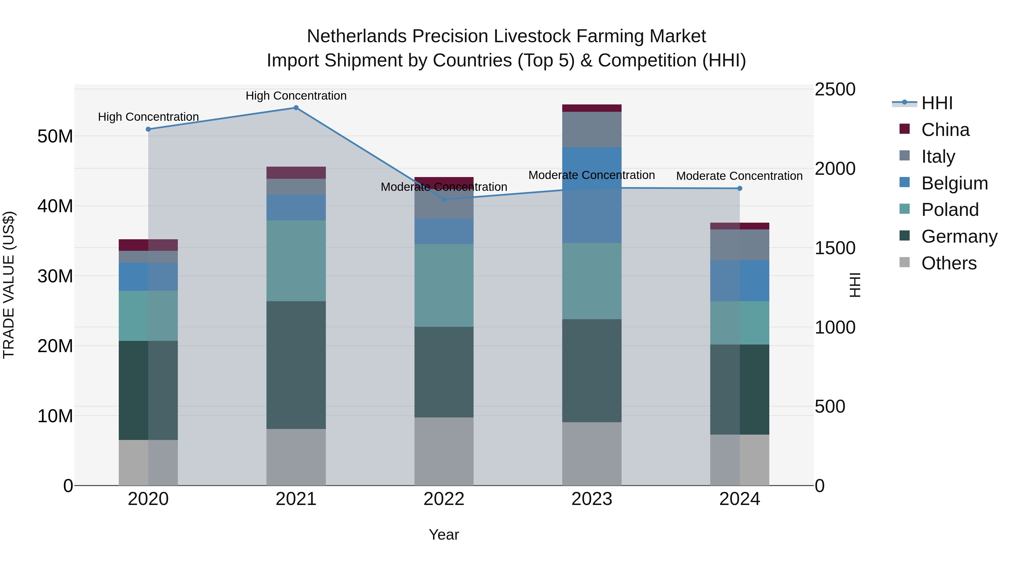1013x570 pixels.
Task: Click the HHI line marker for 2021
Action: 296,108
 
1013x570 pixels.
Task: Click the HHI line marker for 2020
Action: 148,129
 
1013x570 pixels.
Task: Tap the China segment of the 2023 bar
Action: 591,108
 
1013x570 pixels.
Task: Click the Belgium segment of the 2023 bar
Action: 591,195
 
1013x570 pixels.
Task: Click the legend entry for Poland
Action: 950,210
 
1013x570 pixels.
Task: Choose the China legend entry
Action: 945,130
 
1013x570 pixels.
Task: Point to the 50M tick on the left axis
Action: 55,137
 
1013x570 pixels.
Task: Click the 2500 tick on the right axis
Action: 835,89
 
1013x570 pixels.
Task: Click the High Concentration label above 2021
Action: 296,96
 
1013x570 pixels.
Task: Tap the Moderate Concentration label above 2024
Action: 739,176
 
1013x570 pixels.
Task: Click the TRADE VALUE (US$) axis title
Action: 9,285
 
